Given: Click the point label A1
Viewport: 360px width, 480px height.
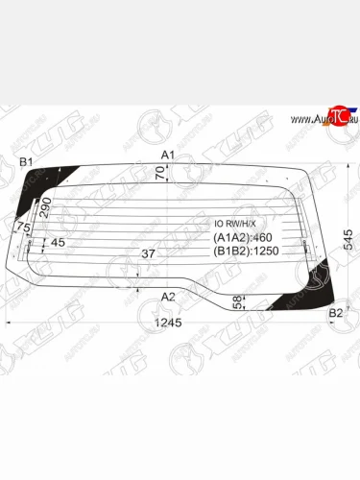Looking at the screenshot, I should (168, 155).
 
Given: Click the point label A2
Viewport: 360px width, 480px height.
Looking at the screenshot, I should (168, 296).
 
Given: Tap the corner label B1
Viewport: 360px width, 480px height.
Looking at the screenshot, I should (27, 160).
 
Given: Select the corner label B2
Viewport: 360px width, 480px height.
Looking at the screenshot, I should (336, 313).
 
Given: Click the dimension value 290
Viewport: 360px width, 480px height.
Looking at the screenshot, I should (45, 206).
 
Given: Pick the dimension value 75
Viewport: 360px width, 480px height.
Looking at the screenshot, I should (25, 228).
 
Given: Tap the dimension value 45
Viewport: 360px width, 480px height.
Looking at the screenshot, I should (58, 243).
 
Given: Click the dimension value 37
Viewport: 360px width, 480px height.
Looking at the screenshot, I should (148, 254).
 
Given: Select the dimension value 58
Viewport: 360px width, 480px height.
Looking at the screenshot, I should (237, 304).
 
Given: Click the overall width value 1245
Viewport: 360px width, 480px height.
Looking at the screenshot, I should (168, 323).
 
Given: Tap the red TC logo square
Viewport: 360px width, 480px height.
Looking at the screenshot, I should (336, 114).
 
